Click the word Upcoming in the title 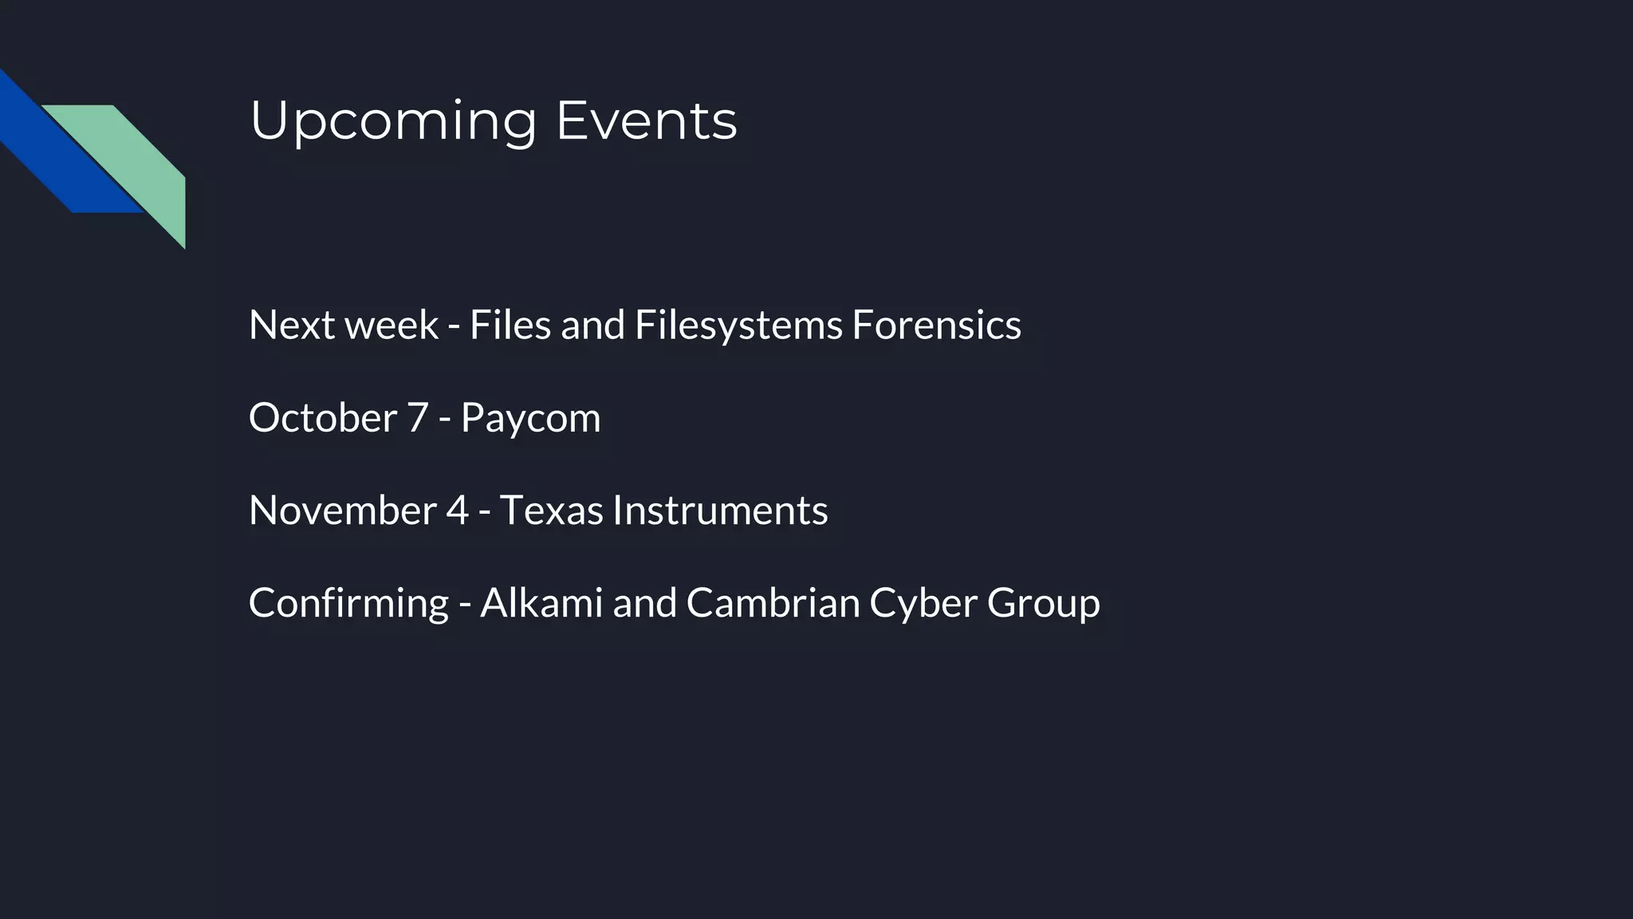393,121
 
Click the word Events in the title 646,121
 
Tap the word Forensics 936,325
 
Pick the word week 391,325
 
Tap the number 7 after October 418,417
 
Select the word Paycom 530,417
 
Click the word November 342,510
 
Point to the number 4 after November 457,510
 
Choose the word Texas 551,510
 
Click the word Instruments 720,510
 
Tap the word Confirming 348,602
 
